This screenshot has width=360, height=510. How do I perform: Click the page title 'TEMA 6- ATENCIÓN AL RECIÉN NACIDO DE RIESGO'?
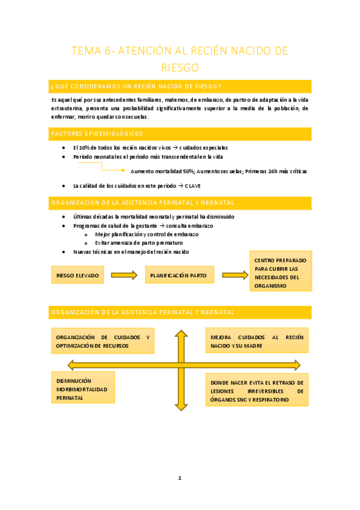(180, 58)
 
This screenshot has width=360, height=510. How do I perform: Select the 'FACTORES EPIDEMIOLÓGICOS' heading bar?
(180, 134)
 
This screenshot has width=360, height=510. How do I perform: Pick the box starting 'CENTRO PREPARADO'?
(280, 273)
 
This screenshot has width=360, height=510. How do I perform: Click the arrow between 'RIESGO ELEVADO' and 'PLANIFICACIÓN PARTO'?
(124, 276)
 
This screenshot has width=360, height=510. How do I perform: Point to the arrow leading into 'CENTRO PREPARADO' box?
(235, 276)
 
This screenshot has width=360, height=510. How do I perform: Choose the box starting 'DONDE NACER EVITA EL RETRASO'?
(257, 391)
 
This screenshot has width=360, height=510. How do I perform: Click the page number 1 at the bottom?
(180, 478)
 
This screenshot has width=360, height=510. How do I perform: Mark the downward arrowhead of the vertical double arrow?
(180, 406)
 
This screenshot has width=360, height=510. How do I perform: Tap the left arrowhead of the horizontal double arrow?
(72, 365)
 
